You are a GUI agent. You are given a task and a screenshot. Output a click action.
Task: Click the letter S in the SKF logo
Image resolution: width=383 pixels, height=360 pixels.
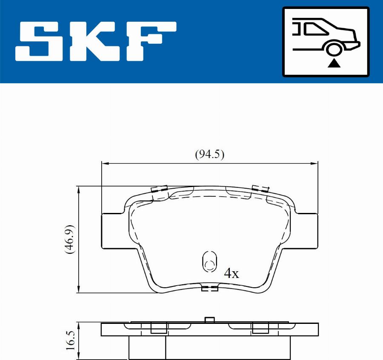click(x=41, y=41)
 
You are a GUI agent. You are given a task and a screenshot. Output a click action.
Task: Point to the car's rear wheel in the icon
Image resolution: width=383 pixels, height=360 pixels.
click(x=334, y=48)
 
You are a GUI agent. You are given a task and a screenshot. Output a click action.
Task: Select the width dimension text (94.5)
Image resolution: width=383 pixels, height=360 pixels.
click(x=209, y=154)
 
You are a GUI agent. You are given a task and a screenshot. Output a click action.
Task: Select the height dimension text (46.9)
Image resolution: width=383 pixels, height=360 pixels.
click(x=70, y=239)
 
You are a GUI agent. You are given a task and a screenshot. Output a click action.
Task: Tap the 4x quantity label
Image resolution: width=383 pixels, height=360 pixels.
click(x=232, y=273)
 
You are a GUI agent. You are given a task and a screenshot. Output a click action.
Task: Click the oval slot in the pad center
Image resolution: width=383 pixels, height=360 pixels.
click(x=209, y=261)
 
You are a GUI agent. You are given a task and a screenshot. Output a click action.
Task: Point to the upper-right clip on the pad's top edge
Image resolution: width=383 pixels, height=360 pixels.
click(x=260, y=188)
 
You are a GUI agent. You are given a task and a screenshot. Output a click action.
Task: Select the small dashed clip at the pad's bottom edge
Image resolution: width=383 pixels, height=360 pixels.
click(x=209, y=289)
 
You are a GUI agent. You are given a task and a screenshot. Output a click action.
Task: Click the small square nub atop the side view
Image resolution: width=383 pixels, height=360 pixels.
click(x=209, y=320)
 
